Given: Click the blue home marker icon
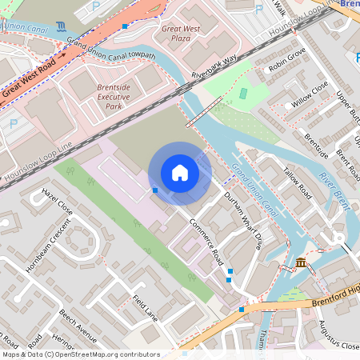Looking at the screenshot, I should [x=180, y=173].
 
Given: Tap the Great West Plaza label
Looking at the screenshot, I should [x=181, y=33].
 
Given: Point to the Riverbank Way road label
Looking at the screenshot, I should [x=214, y=67].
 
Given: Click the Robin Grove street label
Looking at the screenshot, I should [x=286, y=60].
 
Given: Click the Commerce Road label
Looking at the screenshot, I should [x=206, y=241].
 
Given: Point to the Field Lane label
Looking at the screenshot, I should [x=146, y=309].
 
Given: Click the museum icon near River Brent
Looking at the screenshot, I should [x=301, y=263].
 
